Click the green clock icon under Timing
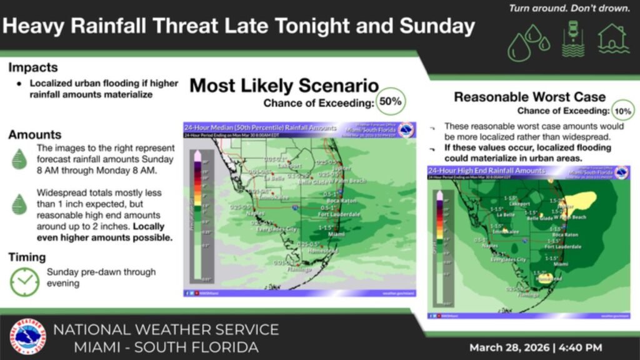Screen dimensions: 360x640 click(x=24, y=281)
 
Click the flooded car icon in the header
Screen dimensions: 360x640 click(x=573, y=39)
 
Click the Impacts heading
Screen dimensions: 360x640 click(x=33, y=67)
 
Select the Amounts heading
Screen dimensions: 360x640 click(x=35, y=134)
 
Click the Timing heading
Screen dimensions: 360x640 click(x=27, y=257)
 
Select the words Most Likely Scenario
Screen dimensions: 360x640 click(x=284, y=86)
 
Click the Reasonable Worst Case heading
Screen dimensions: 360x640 click(x=529, y=97)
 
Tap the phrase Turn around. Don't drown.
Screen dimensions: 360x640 click(x=569, y=9)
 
